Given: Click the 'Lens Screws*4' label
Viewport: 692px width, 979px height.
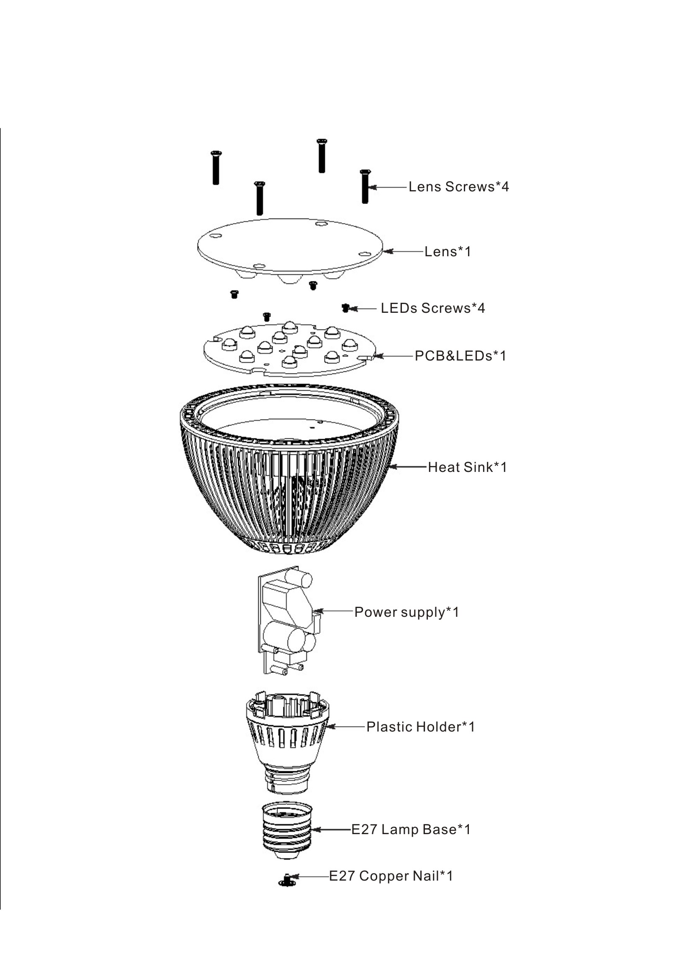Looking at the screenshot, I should tap(458, 187).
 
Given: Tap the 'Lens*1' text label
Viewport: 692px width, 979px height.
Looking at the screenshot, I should tap(448, 252).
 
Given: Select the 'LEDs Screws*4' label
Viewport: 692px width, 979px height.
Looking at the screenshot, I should tap(433, 308).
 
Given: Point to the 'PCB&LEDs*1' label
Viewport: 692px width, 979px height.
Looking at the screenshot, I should tap(460, 356).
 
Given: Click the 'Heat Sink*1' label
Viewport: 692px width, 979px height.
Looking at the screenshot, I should tap(467, 467).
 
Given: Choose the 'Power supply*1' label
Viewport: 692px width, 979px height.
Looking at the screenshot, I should tap(407, 612).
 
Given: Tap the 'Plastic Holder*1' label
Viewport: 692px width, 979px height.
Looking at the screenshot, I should tap(420, 727).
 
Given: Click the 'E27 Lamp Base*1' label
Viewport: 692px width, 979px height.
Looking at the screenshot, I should tap(411, 830).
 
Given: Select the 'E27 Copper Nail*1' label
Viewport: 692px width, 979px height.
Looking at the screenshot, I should tap(391, 876).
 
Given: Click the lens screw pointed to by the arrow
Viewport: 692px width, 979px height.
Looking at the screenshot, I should tap(365, 186).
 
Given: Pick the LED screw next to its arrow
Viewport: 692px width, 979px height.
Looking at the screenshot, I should tap(345, 307).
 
